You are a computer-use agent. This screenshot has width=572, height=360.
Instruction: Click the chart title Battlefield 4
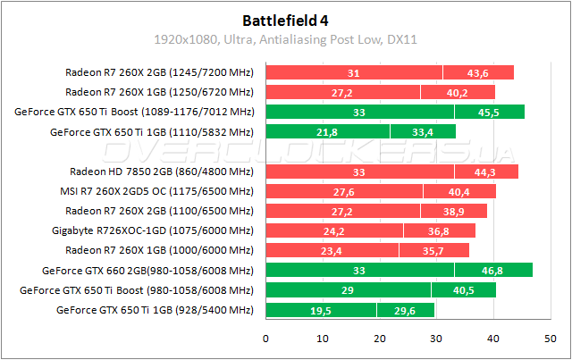coord(285,19)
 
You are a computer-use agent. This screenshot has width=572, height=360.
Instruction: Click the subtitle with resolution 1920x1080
coord(285,39)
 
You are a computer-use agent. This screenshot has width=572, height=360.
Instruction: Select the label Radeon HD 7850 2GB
coord(161,172)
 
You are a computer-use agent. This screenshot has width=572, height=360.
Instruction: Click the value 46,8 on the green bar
coord(493,270)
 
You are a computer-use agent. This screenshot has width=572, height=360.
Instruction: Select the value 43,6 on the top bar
coord(478,73)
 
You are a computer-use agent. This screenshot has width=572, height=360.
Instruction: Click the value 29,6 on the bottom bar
coord(405,310)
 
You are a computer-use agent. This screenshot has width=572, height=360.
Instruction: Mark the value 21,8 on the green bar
coord(327,132)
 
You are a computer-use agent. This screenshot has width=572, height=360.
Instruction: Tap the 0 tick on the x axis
coord(265,339)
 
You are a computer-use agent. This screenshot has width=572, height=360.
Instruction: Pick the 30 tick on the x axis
coord(436,339)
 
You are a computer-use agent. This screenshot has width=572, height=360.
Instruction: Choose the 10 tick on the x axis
coord(323,339)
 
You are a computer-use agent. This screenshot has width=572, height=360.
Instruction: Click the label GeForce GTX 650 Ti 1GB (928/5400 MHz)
coord(154,310)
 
